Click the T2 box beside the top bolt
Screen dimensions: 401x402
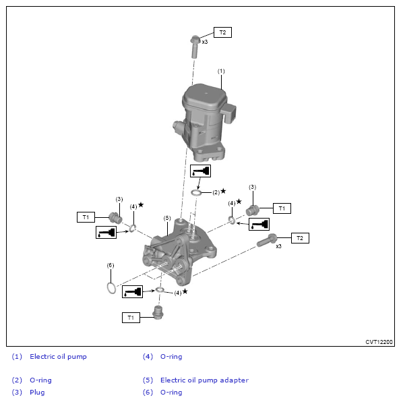pos(222,32)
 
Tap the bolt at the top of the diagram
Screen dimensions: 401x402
pos(195,47)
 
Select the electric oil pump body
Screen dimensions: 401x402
pos(205,122)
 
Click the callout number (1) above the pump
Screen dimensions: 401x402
pos(221,71)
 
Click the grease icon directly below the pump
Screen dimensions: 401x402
pos(200,171)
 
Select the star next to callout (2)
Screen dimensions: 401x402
pos(223,191)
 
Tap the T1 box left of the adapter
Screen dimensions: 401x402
pos(86,217)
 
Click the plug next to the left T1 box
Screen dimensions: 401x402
pos(115,218)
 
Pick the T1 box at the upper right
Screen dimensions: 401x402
pos(282,208)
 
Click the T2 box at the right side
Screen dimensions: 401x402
pos(300,238)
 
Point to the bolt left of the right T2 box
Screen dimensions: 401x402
pos(267,240)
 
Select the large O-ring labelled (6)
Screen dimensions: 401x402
pos(111,288)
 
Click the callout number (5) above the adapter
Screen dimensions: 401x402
pos(167,218)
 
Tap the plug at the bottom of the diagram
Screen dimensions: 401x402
pos(158,312)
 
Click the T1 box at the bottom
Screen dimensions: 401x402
pos(131,318)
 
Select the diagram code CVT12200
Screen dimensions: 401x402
pos(379,342)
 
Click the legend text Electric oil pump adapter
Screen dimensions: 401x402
pos(204,380)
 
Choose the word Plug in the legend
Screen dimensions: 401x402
pos(37,393)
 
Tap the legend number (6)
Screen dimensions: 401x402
pos(148,393)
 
